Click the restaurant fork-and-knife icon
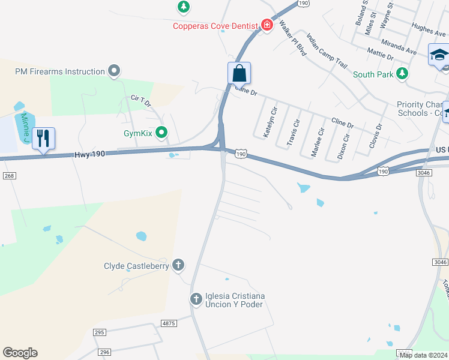coord(43,139)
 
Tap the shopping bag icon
coord(239,74)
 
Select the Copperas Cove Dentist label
coord(215,26)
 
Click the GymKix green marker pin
coord(160,132)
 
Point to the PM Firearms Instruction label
coord(60,71)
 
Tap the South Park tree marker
coord(402,74)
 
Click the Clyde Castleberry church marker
coord(178,265)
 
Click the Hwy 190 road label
coord(90,154)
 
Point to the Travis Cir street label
coord(292,133)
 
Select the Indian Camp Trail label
coord(327,50)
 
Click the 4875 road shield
coord(169,323)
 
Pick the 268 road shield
coord(8,175)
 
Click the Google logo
coord(20,353)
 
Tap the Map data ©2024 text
coord(423,355)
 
